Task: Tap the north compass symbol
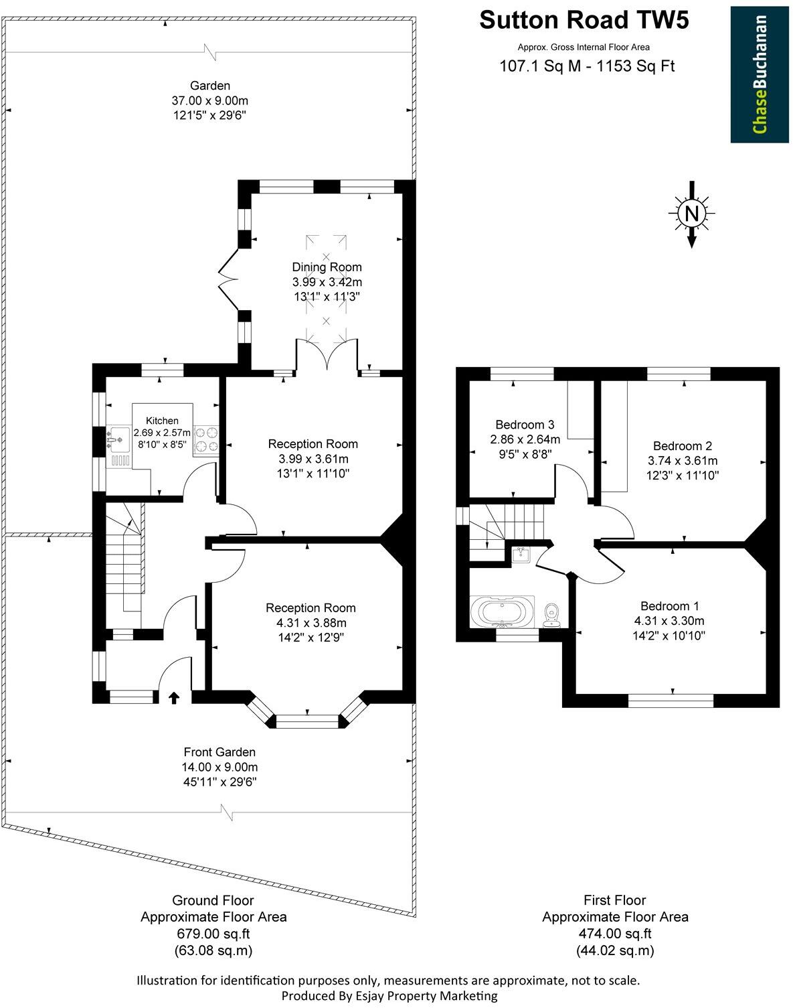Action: [692, 214]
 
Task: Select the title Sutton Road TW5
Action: [584, 21]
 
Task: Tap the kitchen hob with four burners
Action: [206, 439]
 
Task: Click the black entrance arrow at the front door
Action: [174, 698]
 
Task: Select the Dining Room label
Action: [327, 267]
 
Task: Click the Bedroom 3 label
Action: [525, 425]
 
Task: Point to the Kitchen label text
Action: [162, 421]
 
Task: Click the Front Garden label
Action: [219, 752]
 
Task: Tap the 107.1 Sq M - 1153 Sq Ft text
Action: [588, 66]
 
